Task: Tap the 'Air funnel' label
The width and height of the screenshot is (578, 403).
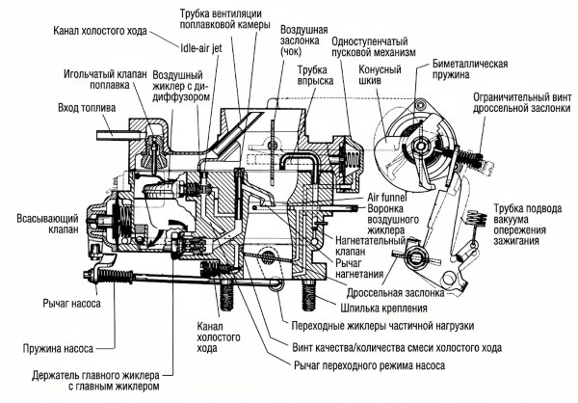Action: click(x=389, y=196)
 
